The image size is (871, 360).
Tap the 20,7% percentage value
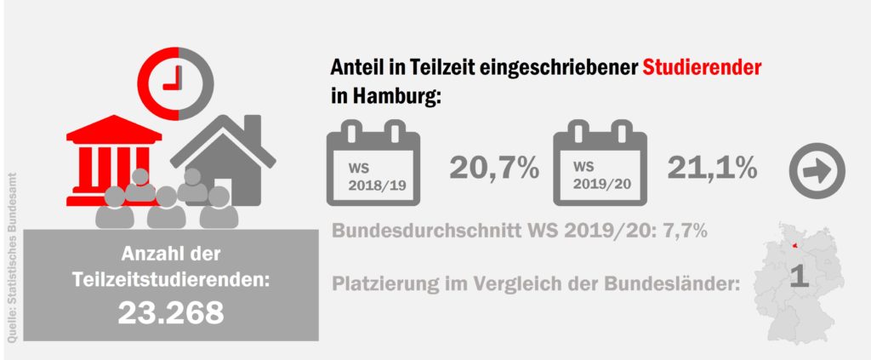pos(494,168)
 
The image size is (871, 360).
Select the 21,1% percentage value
pos(712,168)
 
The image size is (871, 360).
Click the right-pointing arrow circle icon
pos(817,171)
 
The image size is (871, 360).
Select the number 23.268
pos(171,312)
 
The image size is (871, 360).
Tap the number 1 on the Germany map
pos(798,278)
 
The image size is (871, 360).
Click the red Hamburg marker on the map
pos(798,245)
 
